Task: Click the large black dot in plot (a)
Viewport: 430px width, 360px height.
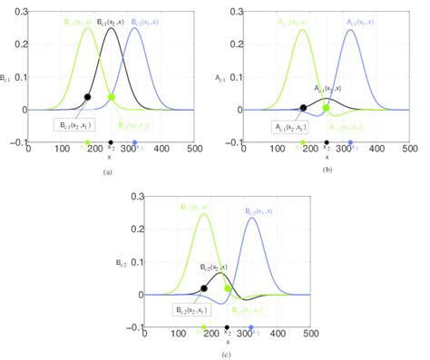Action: click(88, 96)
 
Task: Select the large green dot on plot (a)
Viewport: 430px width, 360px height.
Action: click(112, 96)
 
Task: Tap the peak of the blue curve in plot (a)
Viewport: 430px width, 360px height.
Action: click(135, 28)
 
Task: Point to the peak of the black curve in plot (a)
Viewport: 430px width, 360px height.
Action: click(112, 28)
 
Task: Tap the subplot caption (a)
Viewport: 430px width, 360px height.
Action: click(109, 171)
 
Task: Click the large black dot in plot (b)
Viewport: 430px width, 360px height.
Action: click(303, 107)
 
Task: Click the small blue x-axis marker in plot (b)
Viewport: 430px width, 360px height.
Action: click(350, 142)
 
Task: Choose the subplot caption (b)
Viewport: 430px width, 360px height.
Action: click(326, 170)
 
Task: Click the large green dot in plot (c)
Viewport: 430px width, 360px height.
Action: click(228, 287)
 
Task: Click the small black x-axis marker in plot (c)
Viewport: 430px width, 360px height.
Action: click(227, 327)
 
